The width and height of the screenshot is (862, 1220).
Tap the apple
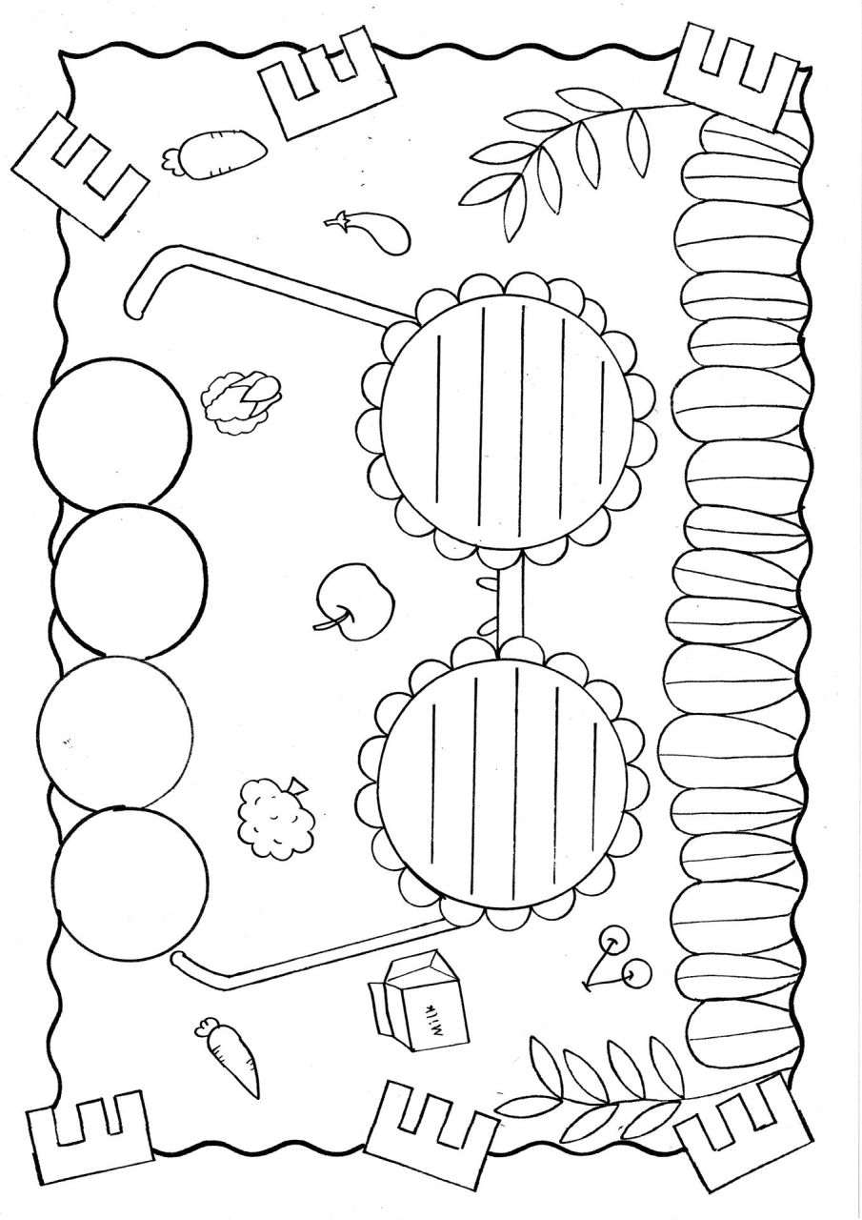356,601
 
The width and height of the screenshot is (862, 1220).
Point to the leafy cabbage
242,402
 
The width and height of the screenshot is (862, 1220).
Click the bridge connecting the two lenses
511,603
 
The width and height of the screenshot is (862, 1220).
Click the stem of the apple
333,620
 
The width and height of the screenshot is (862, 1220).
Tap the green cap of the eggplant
338,219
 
